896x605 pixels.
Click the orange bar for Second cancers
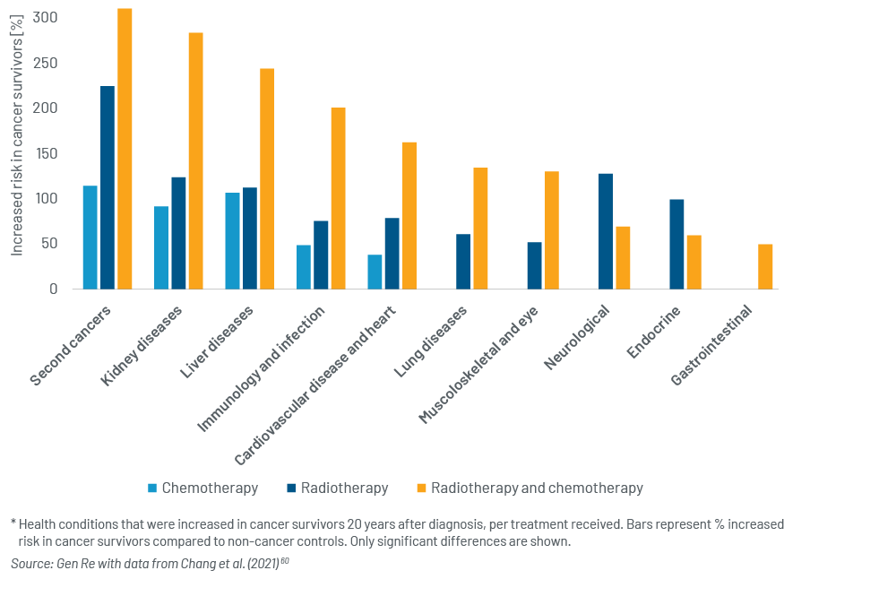[125, 149]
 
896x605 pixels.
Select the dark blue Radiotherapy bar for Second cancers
[108, 187]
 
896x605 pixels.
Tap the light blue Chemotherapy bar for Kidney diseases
[161, 247]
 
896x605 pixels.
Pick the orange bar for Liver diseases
[267, 179]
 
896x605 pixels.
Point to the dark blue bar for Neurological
[606, 231]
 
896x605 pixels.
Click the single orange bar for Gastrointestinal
[765, 267]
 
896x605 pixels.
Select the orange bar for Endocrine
[694, 263]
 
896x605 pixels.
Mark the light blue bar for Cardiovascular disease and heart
[375, 272]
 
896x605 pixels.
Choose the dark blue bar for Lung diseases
[463, 262]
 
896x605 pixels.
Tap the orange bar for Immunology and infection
[339, 198]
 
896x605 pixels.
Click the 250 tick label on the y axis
[45, 63]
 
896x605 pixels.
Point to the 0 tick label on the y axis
[53, 289]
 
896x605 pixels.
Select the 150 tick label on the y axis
[45, 153]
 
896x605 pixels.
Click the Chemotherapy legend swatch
[152, 488]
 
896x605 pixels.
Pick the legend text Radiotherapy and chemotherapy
[537, 488]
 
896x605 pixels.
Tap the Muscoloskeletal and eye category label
[478, 365]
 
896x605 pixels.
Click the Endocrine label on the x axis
[654, 332]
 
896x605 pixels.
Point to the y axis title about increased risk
[17, 135]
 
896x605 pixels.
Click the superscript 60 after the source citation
[285, 560]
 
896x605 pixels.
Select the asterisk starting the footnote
[13, 522]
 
